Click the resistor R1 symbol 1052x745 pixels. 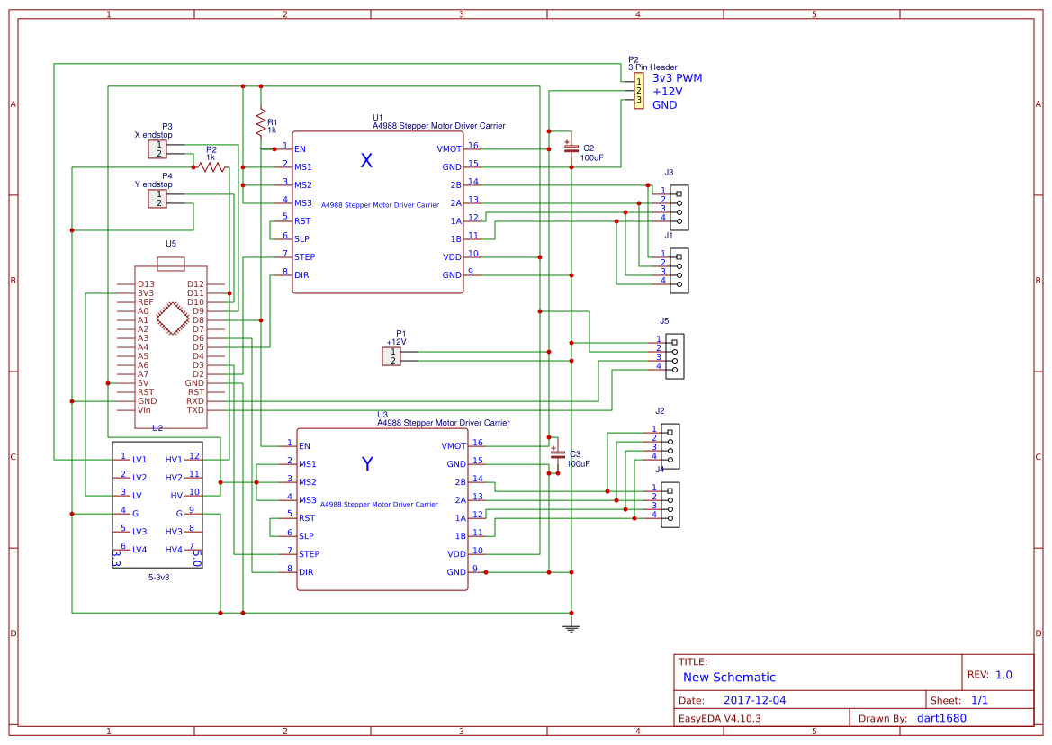(261, 121)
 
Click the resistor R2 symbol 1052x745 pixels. (211, 167)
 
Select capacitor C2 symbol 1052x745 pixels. (570, 148)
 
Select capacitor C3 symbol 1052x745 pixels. (557, 453)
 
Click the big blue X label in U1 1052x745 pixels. (366, 161)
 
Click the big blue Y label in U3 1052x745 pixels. (367, 464)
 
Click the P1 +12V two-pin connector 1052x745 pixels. (391, 356)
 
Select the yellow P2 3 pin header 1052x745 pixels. (638, 92)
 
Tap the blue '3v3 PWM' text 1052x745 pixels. (677, 78)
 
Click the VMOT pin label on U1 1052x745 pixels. (449, 149)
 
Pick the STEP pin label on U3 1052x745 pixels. (309, 554)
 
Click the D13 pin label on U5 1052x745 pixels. (146, 284)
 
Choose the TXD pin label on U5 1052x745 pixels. (195, 410)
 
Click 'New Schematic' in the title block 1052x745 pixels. (729, 678)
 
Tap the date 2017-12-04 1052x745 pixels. (754, 700)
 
